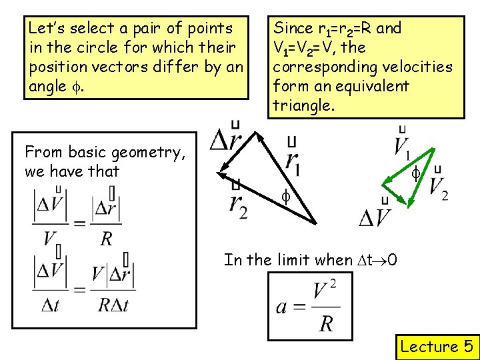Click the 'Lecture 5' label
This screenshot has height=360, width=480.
436,346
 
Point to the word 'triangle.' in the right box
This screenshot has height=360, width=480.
303,106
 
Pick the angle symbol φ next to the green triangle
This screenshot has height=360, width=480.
415,174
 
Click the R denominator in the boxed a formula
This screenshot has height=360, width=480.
325,323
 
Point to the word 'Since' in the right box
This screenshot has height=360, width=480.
294,29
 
